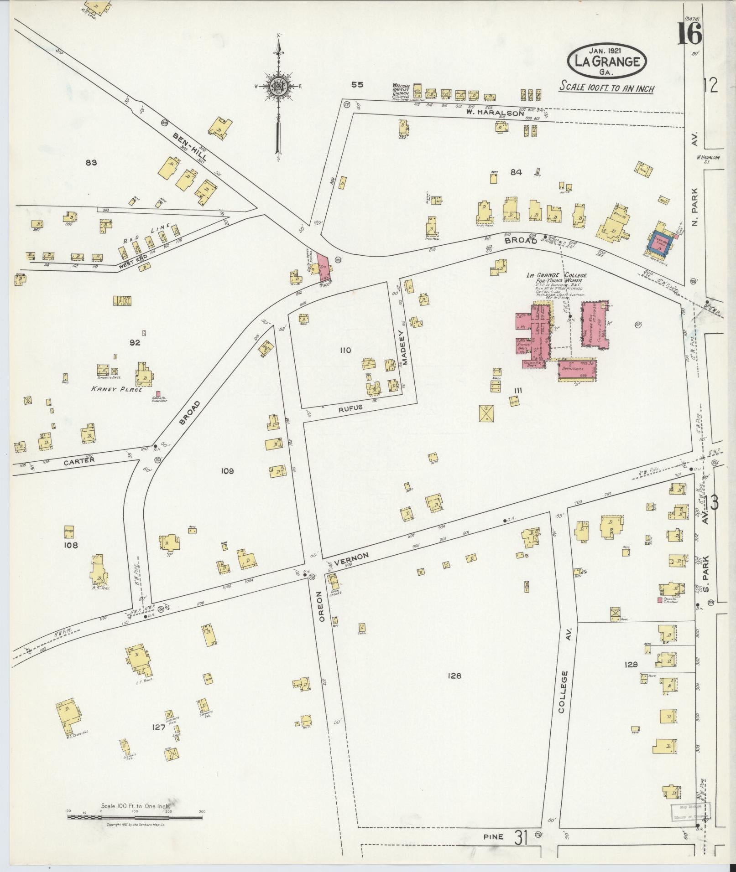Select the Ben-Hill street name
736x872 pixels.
[x=189, y=148]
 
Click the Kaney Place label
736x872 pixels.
[x=116, y=389]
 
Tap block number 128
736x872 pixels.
[x=454, y=676]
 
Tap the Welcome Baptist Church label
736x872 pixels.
[x=402, y=91]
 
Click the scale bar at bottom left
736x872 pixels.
[x=135, y=818]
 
